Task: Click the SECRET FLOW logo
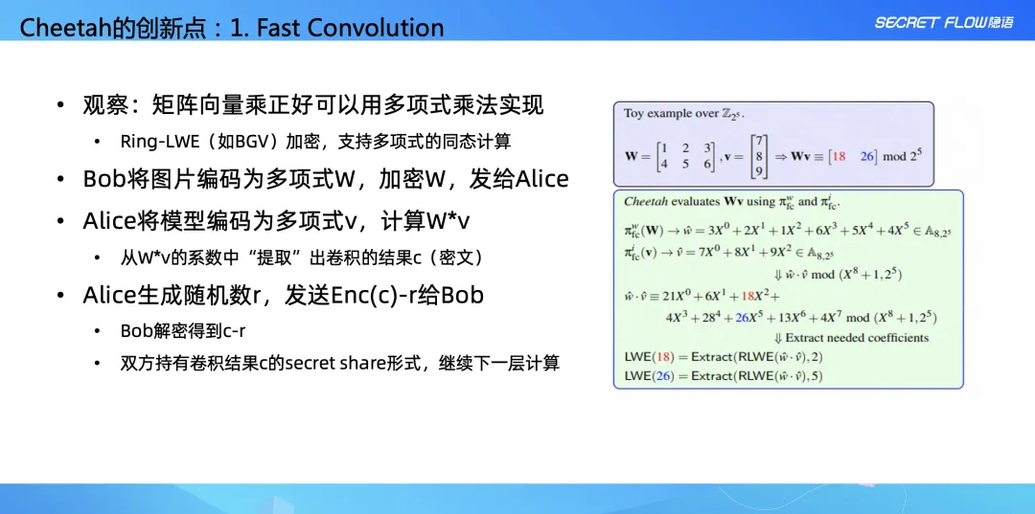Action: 943,23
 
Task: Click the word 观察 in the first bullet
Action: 103,104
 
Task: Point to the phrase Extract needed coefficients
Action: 856,338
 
